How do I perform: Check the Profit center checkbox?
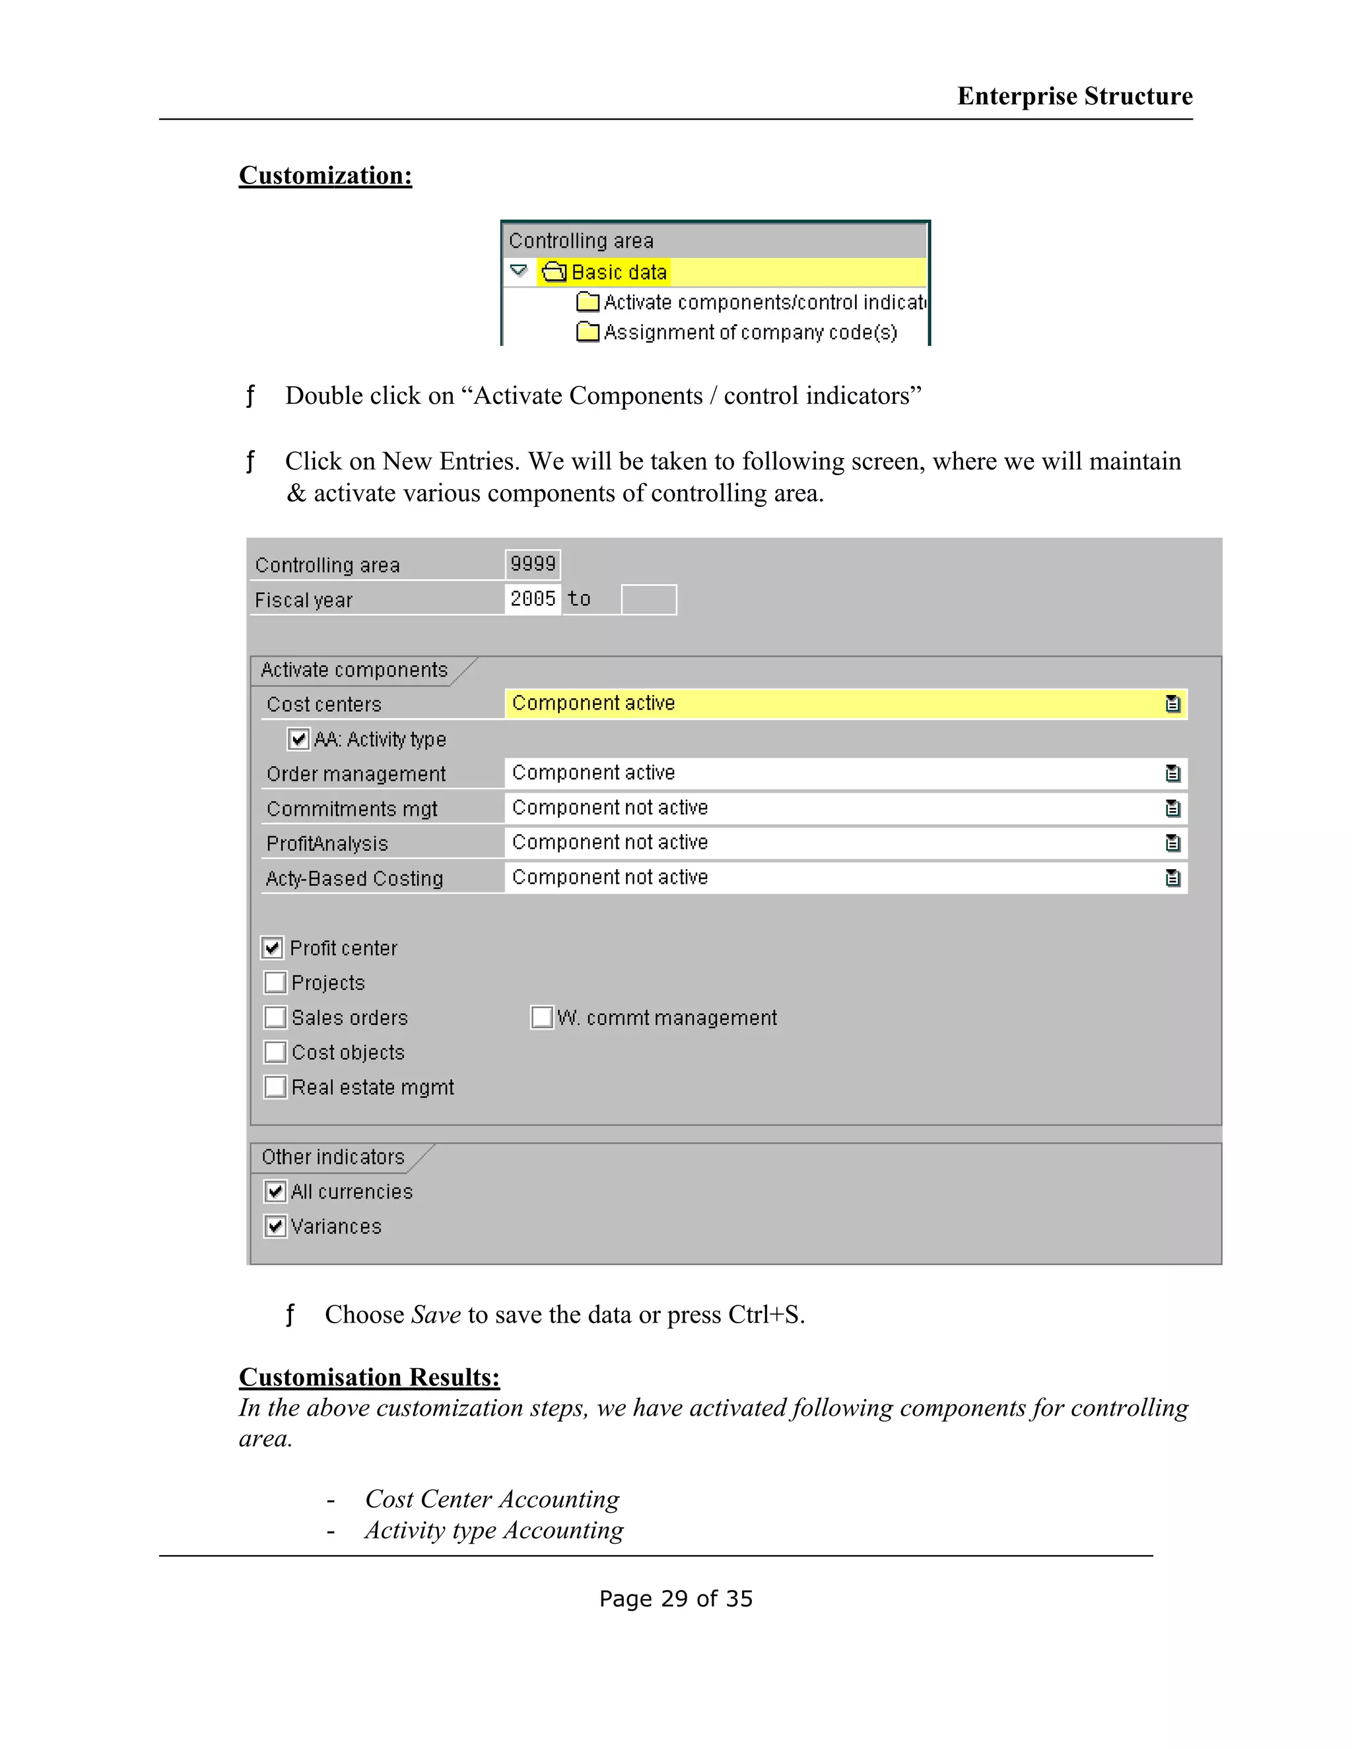coord(273,948)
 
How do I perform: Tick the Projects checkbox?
coord(275,983)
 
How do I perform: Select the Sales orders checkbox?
coord(275,1018)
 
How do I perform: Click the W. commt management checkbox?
coord(541,1018)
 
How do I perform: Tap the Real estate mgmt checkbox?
coord(275,1088)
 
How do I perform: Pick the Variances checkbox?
coord(275,1227)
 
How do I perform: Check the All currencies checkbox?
coord(275,1191)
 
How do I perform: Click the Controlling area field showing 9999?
coord(533,564)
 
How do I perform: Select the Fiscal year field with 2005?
coord(533,599)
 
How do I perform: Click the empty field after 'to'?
coord(649,600)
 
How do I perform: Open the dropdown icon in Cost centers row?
coord(1172,704)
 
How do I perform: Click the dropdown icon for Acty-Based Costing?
coord(1172,878)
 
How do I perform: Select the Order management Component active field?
coord(833,774)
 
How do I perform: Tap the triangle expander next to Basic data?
coord(519,271)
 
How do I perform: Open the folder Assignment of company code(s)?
coord(588,331)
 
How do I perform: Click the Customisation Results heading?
coord(369,1377)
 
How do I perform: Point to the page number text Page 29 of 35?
coord(676,1599)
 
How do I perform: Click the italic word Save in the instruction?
coord(436,1315)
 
